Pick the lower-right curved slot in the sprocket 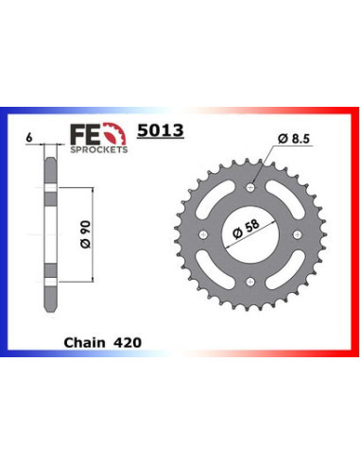[x=285, y=266]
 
